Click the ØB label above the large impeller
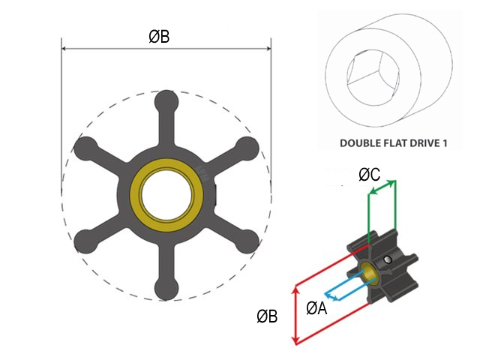[158, 35]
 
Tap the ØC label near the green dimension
[369, 175]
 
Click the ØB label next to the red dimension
[268, 316]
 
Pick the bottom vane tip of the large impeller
[166, 289]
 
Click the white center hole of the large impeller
[166, 194]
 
